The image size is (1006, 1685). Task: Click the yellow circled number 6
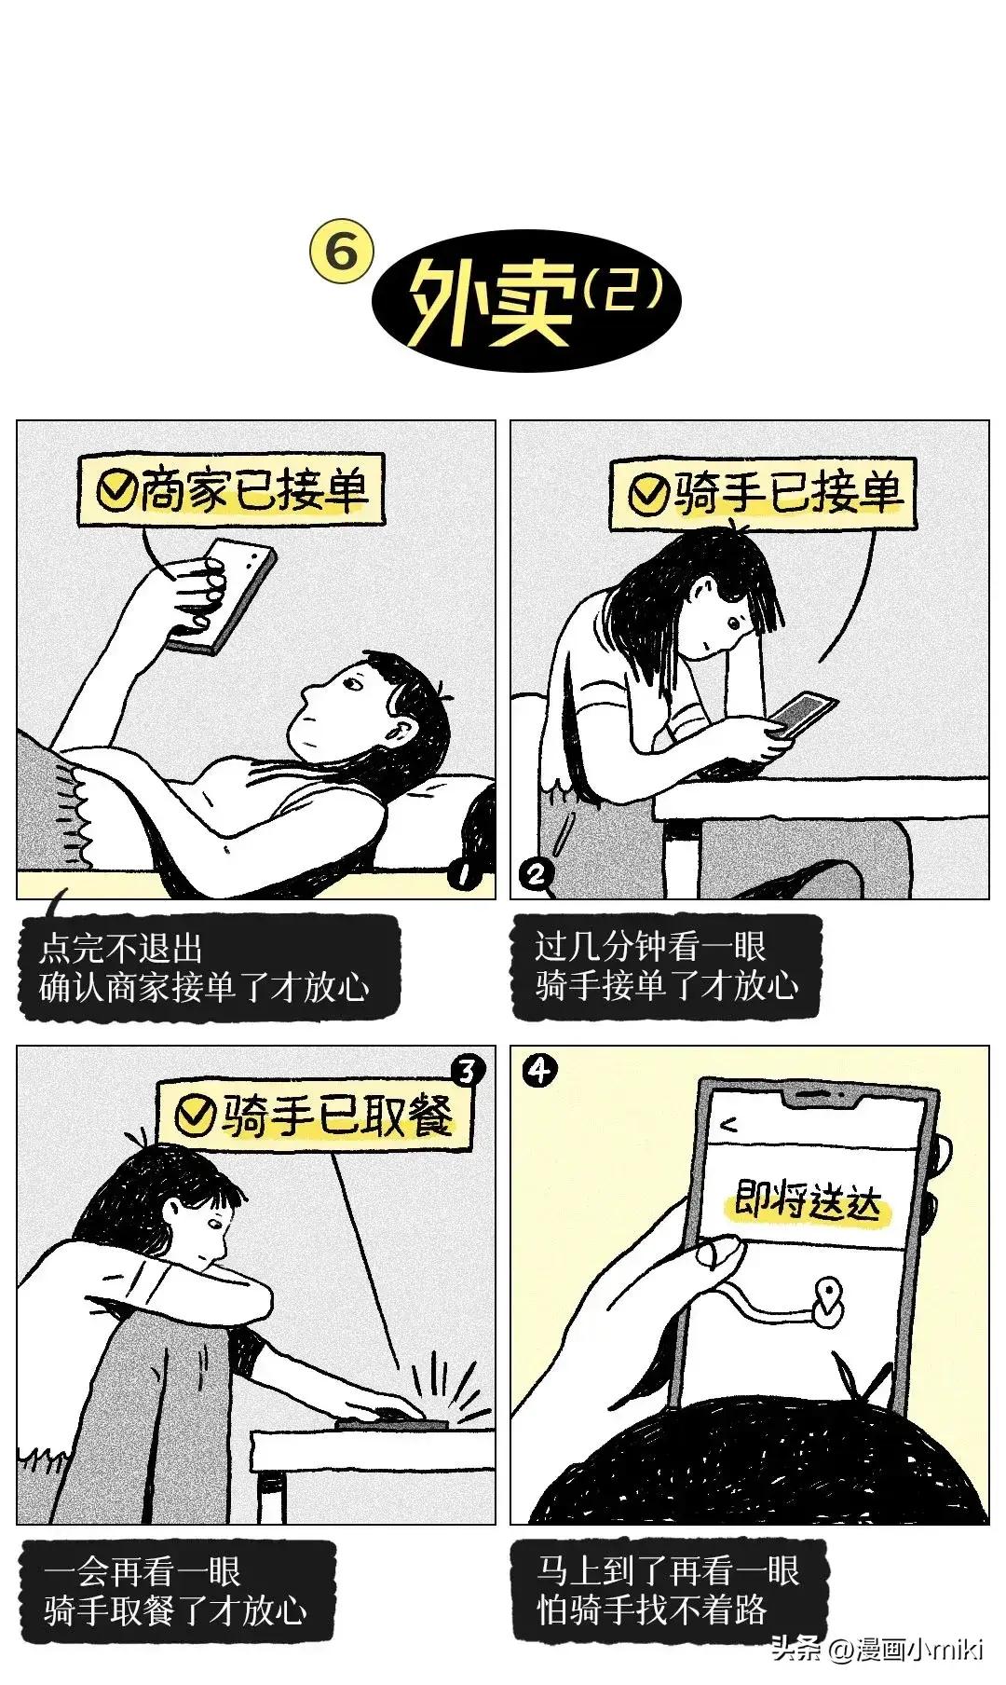click(342, 253)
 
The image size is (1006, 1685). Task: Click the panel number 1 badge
click(462, 876)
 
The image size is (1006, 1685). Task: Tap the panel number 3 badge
click(467, 1071)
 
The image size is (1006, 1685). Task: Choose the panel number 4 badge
click(539, 1072)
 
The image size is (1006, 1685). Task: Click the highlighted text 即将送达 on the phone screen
click(807, 1203)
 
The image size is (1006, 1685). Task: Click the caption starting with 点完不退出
click(205, 967)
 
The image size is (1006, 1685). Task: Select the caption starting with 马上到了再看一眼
click(668, 1590)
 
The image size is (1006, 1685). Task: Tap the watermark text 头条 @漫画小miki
click(877, 1650)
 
